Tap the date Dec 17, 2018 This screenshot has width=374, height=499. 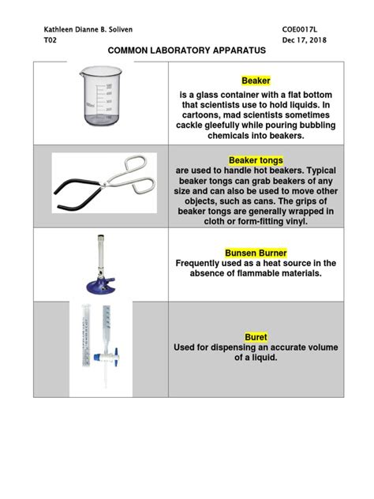click(x=305, y=40)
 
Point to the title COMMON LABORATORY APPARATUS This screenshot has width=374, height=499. click(x=186, y=51)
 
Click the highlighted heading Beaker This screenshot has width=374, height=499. click(x=256, y=81)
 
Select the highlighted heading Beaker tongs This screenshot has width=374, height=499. click(x=256, y=159)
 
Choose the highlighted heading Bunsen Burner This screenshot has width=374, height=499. click(x=256, y=253)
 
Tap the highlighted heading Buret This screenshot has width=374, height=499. click(x=256, y=336)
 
